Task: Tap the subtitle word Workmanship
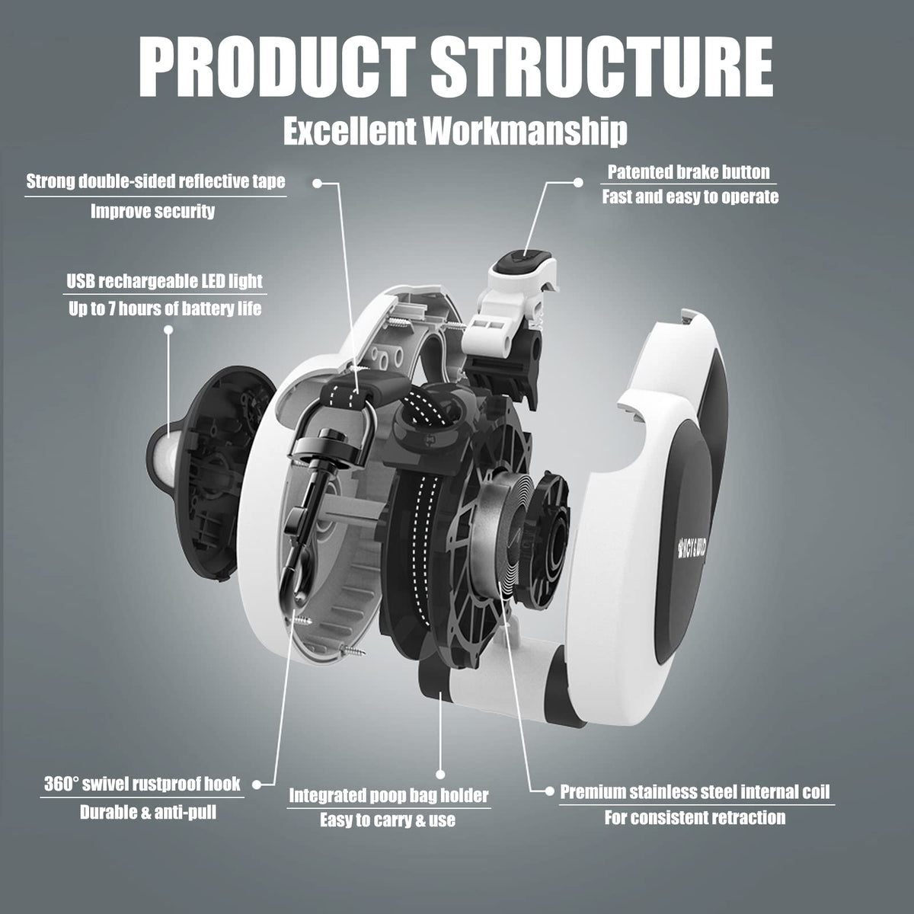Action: point(526,131)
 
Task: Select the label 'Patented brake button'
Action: point(689,172)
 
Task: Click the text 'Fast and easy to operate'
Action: point(690,197)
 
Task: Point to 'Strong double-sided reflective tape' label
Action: point(155,181)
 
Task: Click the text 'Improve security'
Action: point(152,211)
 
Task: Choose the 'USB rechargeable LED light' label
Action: point(165,281)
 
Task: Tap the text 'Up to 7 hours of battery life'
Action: point(164,308)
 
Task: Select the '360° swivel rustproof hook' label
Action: point(142,784)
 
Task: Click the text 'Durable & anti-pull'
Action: point(148,813)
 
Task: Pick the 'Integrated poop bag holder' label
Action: point(388,796)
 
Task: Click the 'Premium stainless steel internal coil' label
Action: point(695,791)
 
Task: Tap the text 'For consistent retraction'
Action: point(695,818)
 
